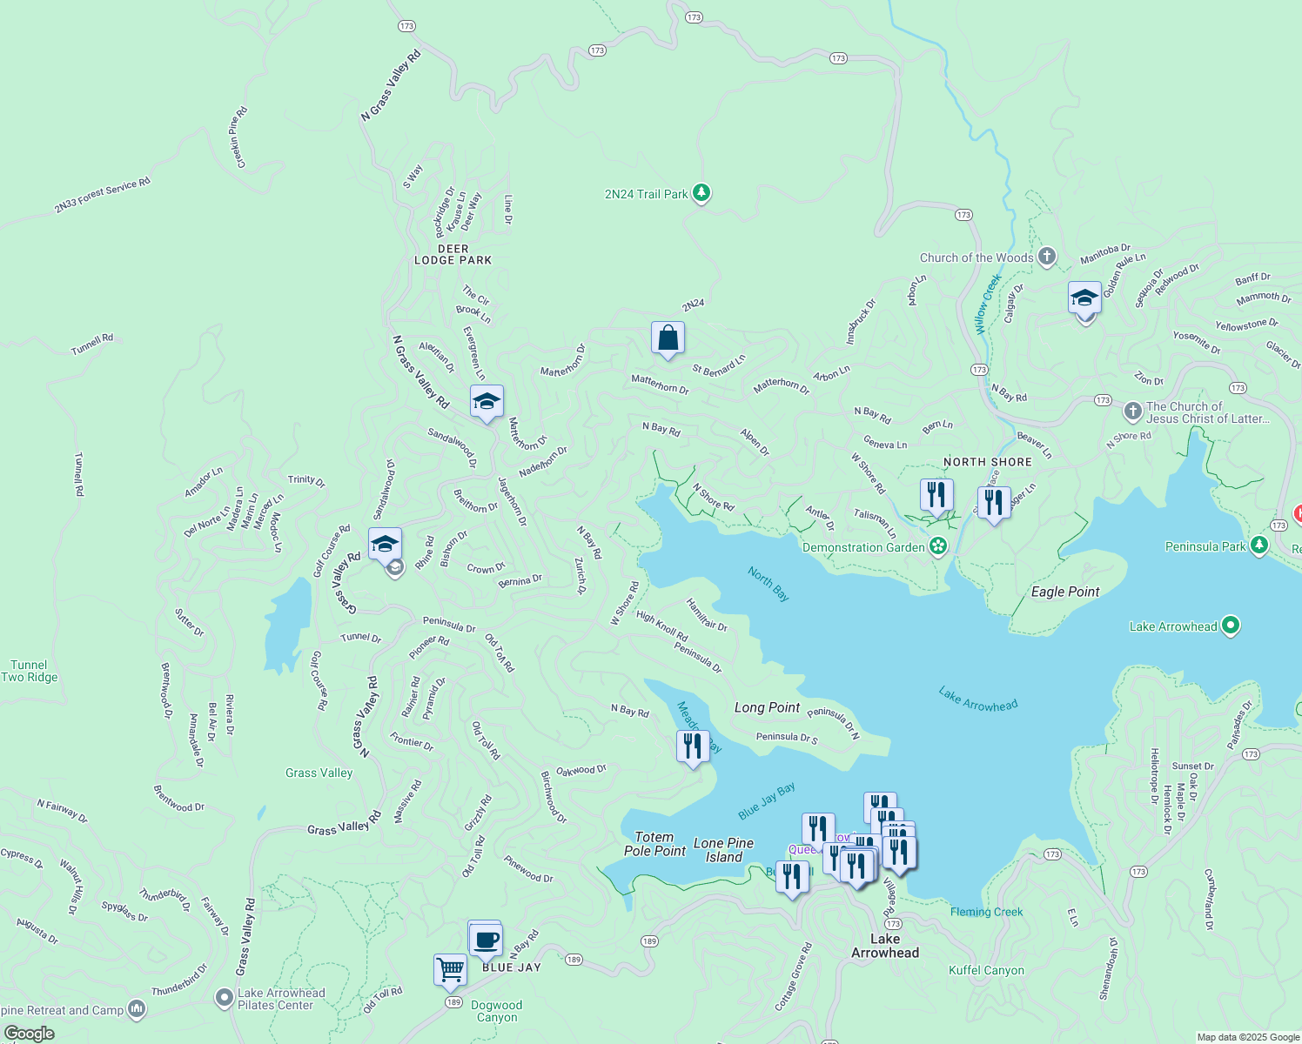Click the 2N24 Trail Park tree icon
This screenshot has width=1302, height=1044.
tap(701, 193)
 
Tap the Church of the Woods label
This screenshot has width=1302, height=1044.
tap(976, 258)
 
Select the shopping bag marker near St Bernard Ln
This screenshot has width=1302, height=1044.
tap(668, 338)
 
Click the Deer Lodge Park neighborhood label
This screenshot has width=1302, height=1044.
tap(453, 254)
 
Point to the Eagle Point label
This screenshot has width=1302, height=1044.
tap(1065, 592)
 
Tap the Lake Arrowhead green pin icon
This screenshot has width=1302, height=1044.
tap(1230, 626)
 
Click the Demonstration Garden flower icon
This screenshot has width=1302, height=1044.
tap(938, 546)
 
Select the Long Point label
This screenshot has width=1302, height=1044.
tap(767, 707)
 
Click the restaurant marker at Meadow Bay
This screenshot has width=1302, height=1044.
tap(693, 746)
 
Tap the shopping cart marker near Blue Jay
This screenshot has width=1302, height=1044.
tap(450, 969)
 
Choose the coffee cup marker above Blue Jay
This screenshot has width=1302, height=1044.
tap(486, 940)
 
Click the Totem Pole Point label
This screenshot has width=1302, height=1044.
tap(654, 844)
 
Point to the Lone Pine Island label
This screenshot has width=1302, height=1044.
tap(723, 850)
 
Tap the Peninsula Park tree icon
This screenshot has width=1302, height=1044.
tap(1258, 545)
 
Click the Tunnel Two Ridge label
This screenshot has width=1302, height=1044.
tap(30, 671)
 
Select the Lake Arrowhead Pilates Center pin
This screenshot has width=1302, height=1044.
tap(225, 997)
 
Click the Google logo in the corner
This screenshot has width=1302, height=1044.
tap(29, 1033)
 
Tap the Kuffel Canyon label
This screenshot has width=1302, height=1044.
tap(986, 970)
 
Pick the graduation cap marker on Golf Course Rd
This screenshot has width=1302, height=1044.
tap(385, 545)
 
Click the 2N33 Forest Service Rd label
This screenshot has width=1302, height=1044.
tap(102, 195)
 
